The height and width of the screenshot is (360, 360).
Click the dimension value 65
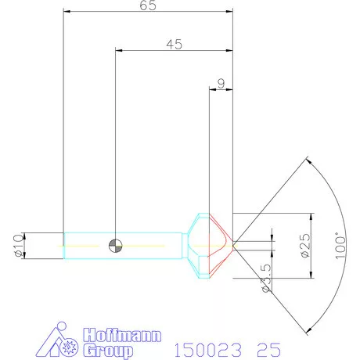click(x=148, y=5)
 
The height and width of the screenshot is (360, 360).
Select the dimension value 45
click(x=175, y=45)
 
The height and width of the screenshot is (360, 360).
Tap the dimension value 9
click(x=221, y=84)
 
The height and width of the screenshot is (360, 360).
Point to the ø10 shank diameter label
click(x=18, y=246)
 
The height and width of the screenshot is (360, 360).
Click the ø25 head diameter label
click(x=305, y=246)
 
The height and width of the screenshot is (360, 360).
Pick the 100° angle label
click(x=340, y=246)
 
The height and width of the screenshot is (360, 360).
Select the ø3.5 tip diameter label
click(x=266, y=278)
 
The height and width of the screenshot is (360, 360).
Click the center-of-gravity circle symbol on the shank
click(x=115, y=246)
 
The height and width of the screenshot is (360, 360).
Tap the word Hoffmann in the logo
click(x=122, y=335)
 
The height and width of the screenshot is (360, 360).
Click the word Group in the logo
click(x=108, y=351)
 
